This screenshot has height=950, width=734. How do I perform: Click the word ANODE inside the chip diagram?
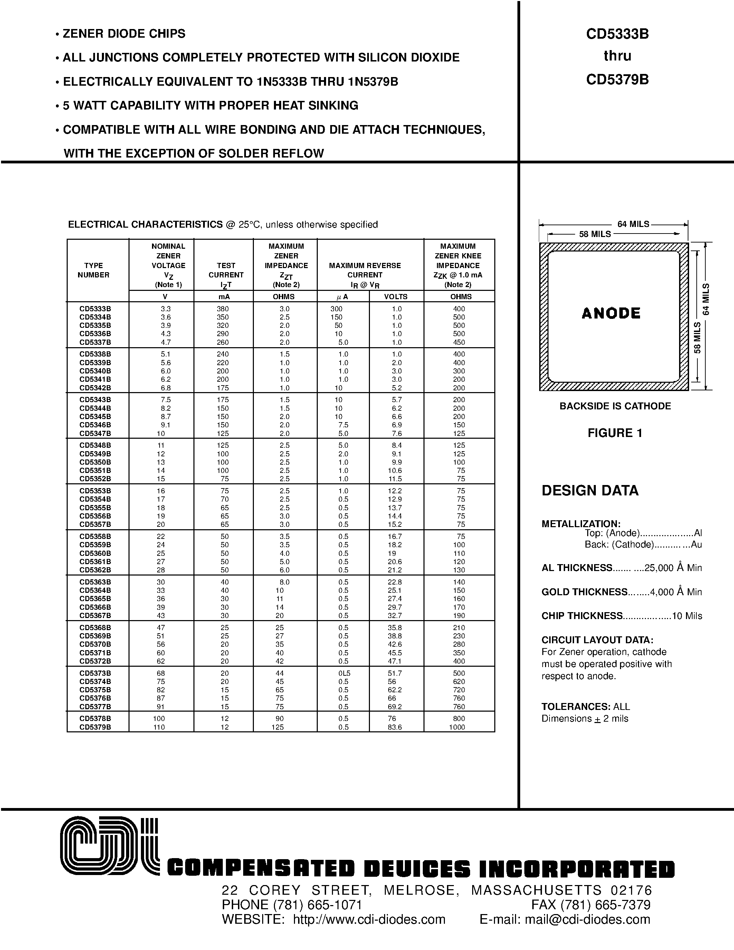point(611,313)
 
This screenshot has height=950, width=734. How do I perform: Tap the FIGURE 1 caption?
point(615,433)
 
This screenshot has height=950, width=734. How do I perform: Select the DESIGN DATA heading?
point(590,491)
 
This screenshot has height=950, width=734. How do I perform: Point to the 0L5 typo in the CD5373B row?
point(344,673)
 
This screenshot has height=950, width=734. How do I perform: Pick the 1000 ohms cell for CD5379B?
point(457,727)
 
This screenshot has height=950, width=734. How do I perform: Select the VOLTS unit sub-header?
point(396,297)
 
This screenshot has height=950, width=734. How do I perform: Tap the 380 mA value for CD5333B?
point(223,309)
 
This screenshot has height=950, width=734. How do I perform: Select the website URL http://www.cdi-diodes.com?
point(369,919)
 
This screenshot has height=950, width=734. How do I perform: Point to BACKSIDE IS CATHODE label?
point(615,406)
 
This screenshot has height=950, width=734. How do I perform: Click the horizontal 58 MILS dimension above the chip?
point(595,234)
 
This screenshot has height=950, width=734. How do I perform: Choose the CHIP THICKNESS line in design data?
point(621,616)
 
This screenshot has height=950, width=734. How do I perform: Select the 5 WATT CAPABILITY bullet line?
point(210,105)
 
